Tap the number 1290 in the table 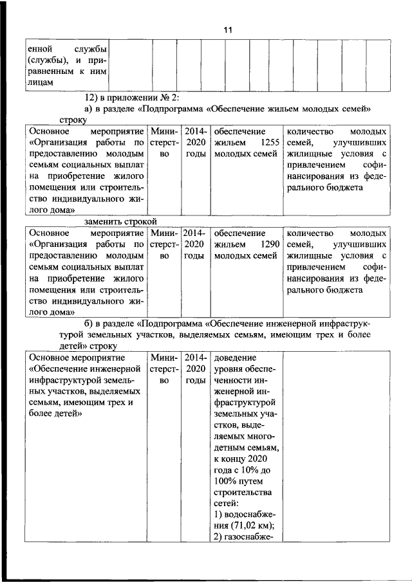point(267,244)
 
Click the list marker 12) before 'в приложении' point(92,96)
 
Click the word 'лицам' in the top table point(39,82)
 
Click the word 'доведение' point(235,358)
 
